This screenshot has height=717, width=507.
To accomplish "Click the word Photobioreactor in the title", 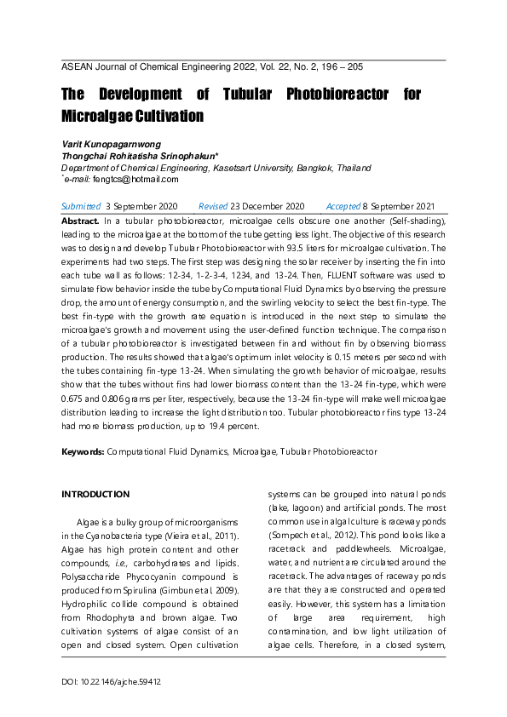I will (327, 94).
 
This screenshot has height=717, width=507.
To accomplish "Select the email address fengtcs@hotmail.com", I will (136, 179).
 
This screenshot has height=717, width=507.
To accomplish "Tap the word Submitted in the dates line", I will (81, 207).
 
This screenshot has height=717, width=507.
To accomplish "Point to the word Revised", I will (212, 207).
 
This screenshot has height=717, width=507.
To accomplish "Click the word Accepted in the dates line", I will (343, 207).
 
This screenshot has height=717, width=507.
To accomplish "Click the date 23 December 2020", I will (267, 207).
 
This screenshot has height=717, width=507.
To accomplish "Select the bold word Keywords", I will (84, 451).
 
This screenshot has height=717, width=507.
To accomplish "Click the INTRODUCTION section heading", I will (96, 494).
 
